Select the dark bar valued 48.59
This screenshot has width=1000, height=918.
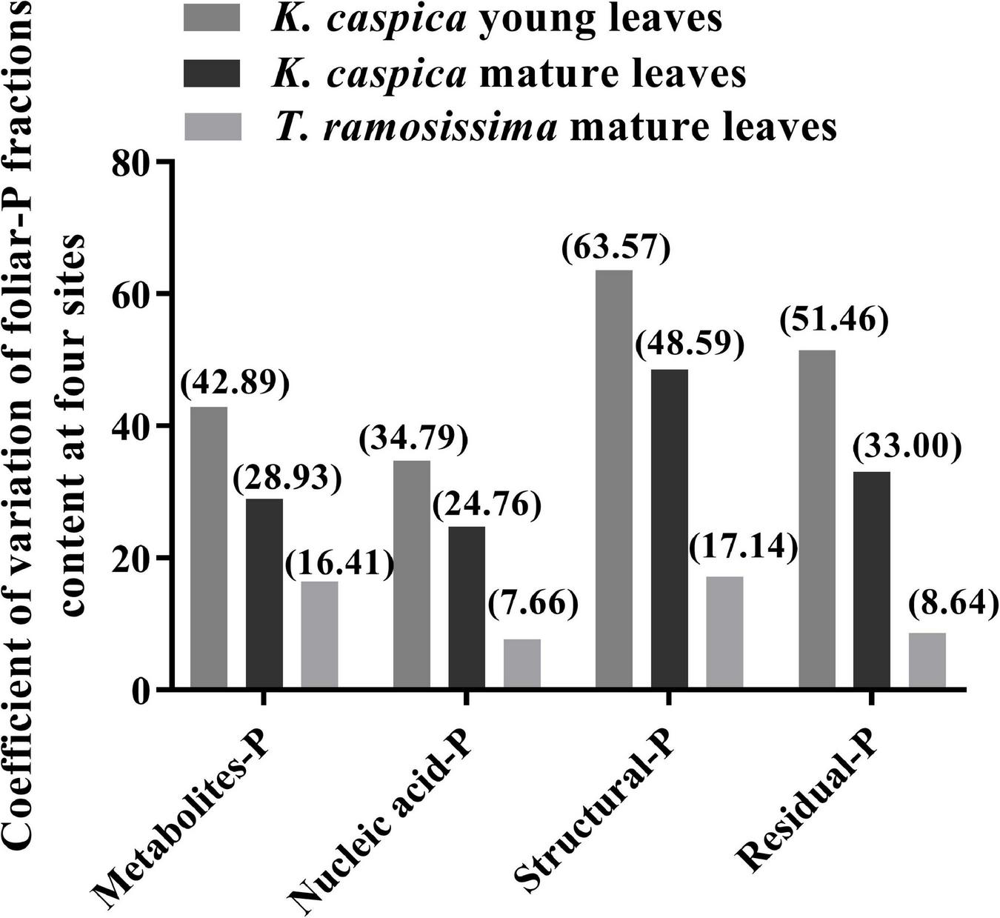tap(670, 529)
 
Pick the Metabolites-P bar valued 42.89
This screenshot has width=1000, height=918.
tap(209, 548)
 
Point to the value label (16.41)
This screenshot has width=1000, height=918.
tap(338, 562)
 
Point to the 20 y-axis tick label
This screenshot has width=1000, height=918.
tap(130, 558)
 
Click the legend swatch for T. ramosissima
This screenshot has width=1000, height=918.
tap(213, 127)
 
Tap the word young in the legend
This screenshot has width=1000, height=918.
tap(524, 19)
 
